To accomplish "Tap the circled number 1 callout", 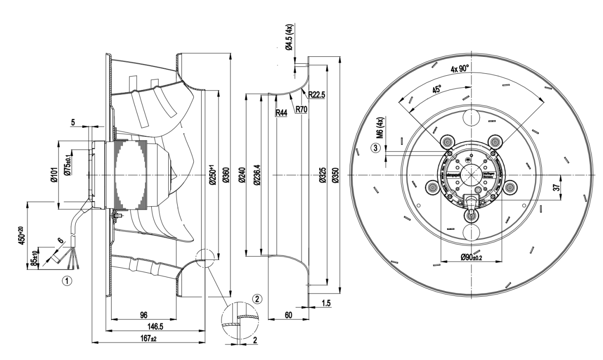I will point(67,280).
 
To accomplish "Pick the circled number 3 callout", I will point(376,148).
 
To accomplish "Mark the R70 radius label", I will point(302,109).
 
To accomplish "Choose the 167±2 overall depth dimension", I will point(148,338).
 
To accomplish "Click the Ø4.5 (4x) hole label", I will point(289,38).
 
